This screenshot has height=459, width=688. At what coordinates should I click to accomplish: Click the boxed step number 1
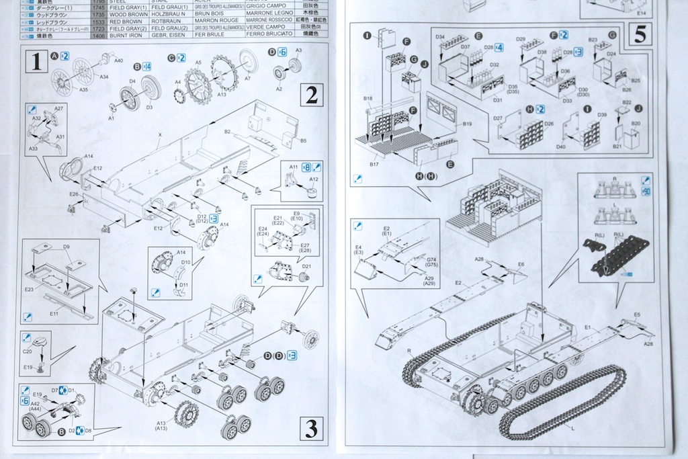(34, 63)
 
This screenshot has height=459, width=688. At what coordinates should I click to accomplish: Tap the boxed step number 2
(311, 95)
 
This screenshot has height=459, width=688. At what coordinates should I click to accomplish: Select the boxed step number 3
(310, 427)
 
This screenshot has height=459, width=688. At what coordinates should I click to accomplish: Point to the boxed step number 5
(640, 33)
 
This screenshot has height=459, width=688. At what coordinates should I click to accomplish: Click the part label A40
(119, 60)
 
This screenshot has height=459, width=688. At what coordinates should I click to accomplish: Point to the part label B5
(303, 140)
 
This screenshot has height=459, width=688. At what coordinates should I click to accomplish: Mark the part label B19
(468, 124)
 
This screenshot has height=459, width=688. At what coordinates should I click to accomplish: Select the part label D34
(441, 36)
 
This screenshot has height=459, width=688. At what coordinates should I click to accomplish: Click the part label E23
(28, 290)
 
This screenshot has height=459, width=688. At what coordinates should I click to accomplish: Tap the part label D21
(306, 266)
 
